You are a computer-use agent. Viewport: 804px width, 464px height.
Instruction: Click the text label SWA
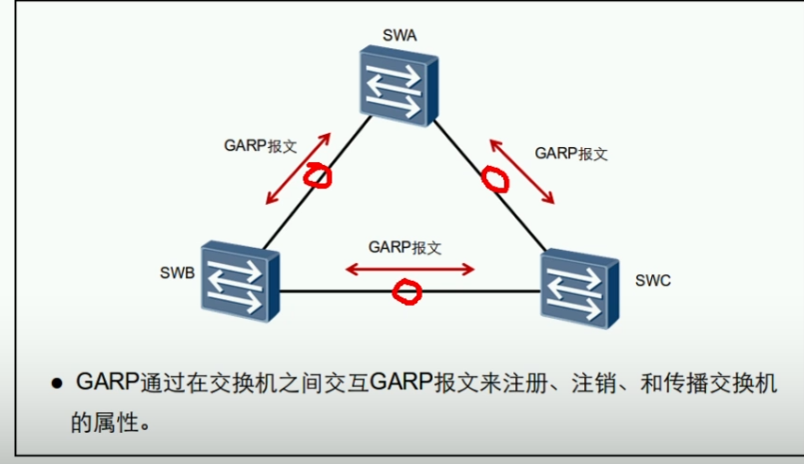tap(399, 37)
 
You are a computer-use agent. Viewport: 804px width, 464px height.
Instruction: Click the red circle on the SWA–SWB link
tap(318, 175)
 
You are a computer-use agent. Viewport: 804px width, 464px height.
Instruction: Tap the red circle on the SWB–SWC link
tap(406, 291)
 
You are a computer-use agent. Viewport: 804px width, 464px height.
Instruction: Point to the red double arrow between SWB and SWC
tap(408, 268)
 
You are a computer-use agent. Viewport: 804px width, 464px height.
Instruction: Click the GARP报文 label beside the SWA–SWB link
tap(261, 145)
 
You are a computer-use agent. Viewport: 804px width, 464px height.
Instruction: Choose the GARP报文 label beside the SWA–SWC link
tap(571, 154)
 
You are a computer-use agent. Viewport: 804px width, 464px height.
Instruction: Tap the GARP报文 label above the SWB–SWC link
tap(404, 246)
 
